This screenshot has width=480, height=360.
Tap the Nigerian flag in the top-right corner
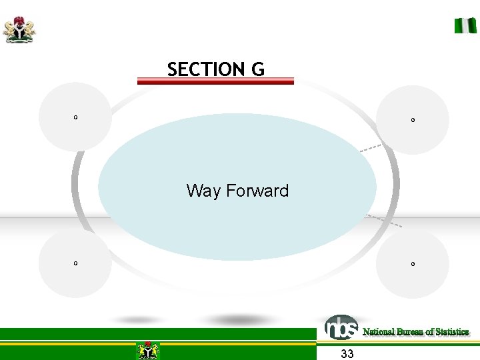[465, 25]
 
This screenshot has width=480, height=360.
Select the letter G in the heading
[257, 69]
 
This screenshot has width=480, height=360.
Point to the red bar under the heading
[215, 81]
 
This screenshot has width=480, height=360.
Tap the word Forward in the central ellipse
[257, 191]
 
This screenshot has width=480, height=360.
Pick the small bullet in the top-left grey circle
[75, 117]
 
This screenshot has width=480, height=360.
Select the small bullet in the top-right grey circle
[413, 120]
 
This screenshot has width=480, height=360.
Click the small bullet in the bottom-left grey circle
[75, 263]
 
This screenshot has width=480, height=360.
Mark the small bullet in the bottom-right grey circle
[413, 264]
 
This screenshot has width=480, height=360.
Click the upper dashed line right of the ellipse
[371, 148]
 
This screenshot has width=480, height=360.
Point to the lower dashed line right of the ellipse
[385, 221]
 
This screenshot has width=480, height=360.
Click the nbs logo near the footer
[341, 327]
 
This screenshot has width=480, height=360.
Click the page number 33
[347, 353]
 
